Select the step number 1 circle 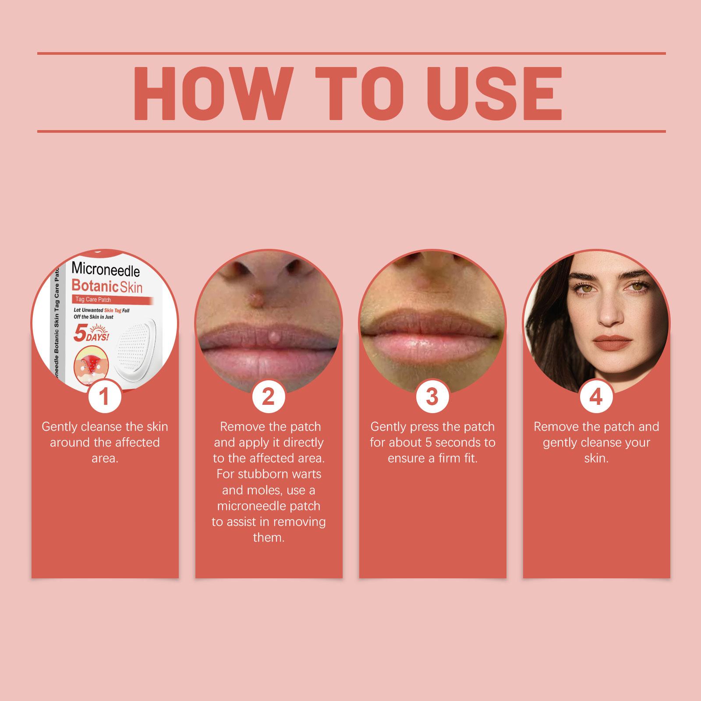[x=104, y=397]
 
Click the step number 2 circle [x=268, y=397]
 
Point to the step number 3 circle [x=432, y=397]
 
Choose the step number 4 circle [x=596, y=397]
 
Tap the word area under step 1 [x=105, y=459]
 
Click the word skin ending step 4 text [x=596, y=459]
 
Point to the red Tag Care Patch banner [x=112, y=300]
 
